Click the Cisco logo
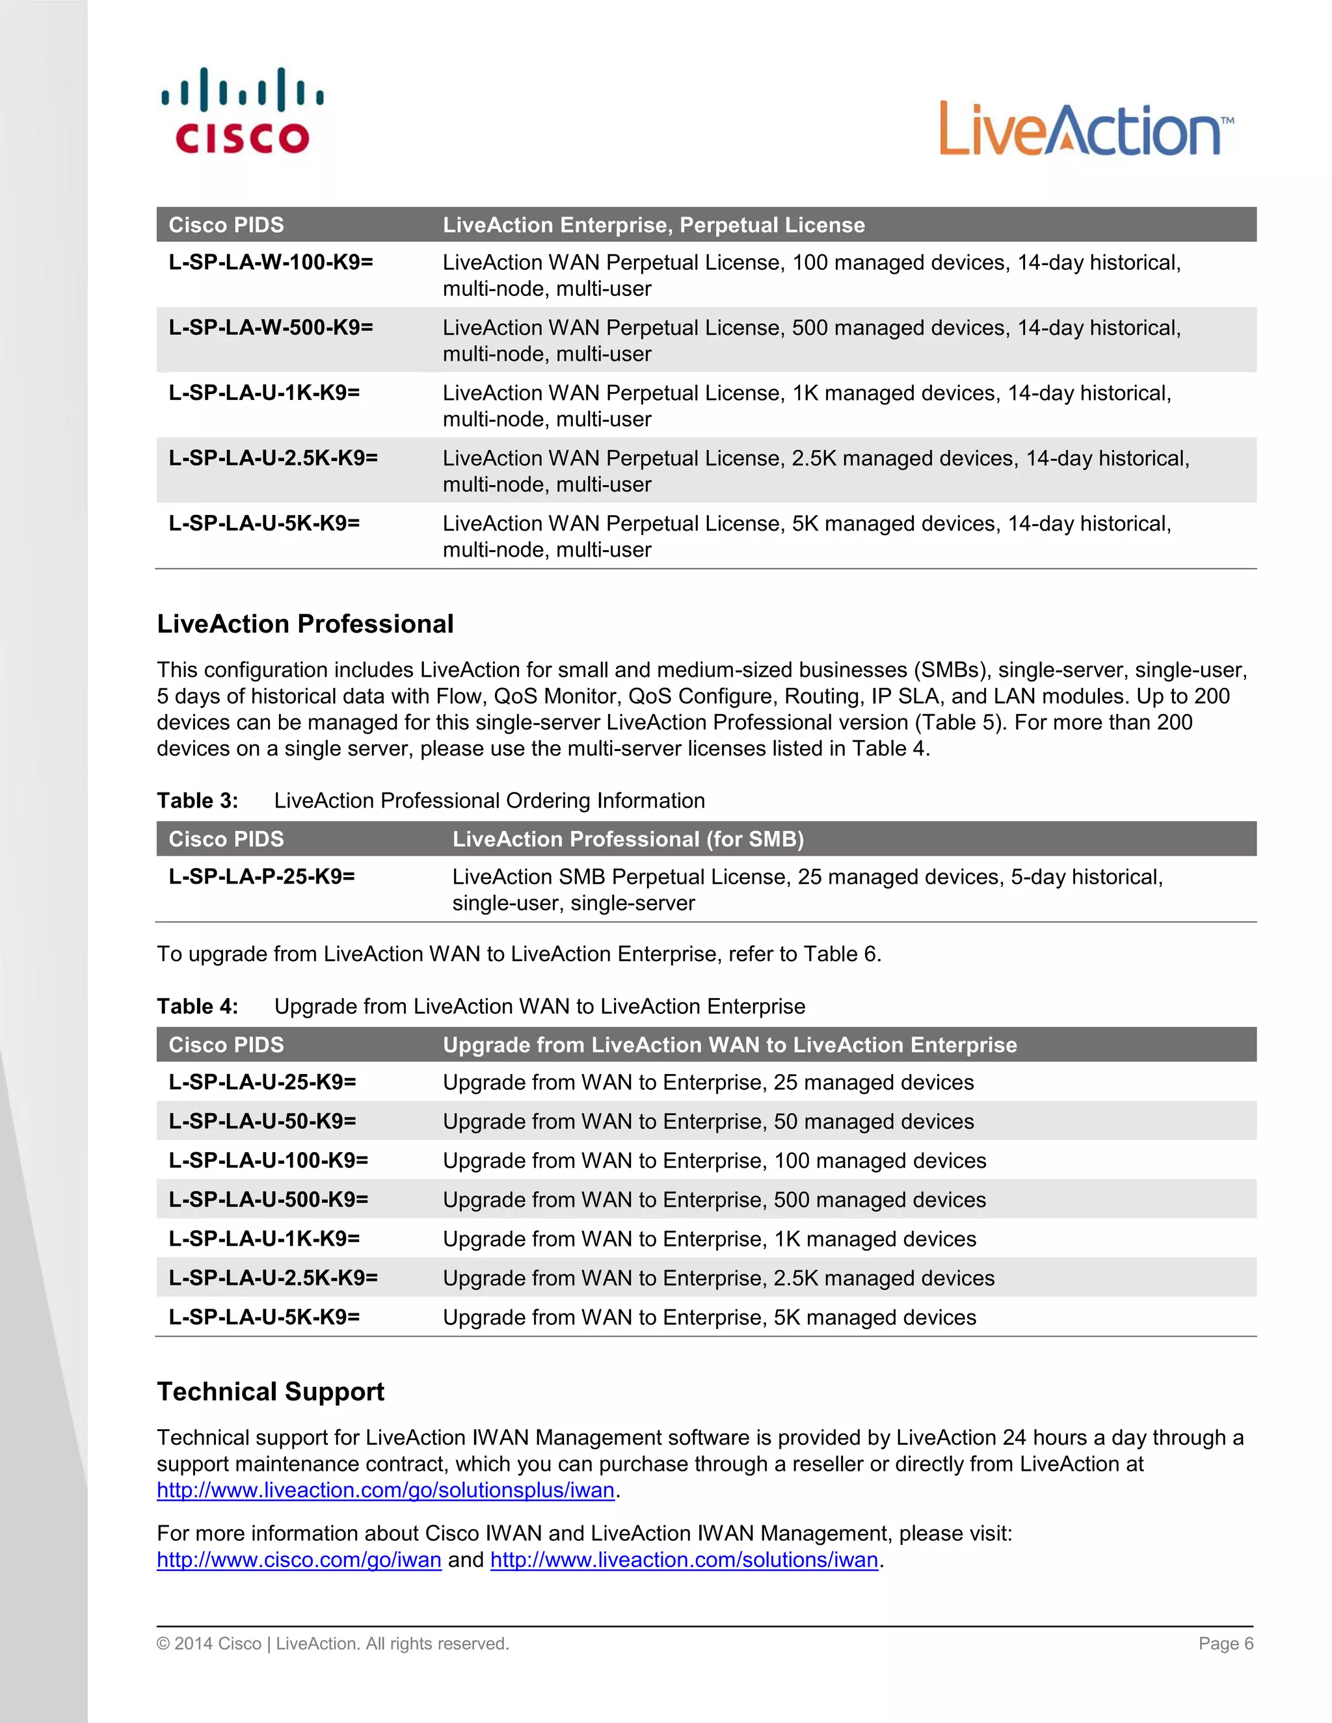click(242, 111)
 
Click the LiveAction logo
click(1086, 129)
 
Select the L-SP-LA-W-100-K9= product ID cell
click(271, 262)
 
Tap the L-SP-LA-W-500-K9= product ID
click(271, 328)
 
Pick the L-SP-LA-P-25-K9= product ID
click(261, 876)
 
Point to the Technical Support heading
click(270, 1391)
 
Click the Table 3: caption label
click(197, 801)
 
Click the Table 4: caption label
click(197, 1006)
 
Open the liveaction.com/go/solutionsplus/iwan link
click(385, 1490)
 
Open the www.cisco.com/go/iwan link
click(299, 1560)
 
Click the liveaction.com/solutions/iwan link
click(684, 1560)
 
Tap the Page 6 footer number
click(1225, 1643)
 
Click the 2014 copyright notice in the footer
click(332, 1643)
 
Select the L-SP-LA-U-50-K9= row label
click(262, 1121)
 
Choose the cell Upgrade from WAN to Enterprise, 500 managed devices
click(713, 1200)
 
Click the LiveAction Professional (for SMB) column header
click(628, 839)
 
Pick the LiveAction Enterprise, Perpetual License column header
click(654, 225)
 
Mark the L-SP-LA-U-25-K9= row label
click(262, 1083)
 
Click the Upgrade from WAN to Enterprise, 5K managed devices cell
click(709, 1317)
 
